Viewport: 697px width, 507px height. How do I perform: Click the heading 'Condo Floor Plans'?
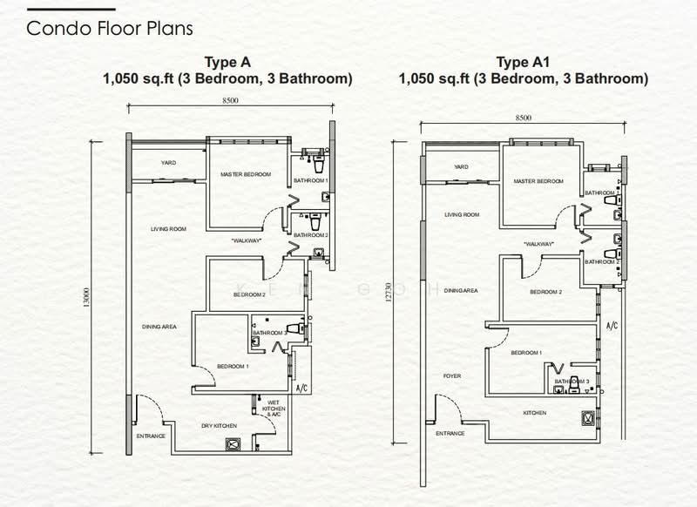[x=110, y=28]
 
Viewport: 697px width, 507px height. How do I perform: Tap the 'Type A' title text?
[x=227, y=62]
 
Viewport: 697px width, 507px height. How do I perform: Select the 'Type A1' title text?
[x=523, y=62]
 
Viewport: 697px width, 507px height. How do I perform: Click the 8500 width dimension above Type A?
[x=230, y=101]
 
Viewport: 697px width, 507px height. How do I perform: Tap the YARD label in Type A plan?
[x=169, y=163]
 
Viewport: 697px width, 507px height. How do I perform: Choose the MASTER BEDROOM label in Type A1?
[x=538, y=181]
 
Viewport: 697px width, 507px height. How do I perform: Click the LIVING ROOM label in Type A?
[x=169, y=229]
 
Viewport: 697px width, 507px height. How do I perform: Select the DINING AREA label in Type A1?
[x=460, y=291]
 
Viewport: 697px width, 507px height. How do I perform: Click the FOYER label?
[x=451, y=376]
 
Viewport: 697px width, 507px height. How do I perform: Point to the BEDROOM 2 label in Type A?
[x=249, y=295]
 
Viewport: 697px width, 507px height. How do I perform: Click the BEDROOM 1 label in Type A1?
[x=526, y=352]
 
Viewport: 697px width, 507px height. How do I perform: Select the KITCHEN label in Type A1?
[x=534, y=413]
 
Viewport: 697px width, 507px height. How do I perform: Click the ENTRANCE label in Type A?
[x=151, y=436]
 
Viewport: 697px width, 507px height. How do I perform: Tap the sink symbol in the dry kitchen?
[x=233, y=443]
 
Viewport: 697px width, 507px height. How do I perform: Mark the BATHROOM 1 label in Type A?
[x=310, y=180]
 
